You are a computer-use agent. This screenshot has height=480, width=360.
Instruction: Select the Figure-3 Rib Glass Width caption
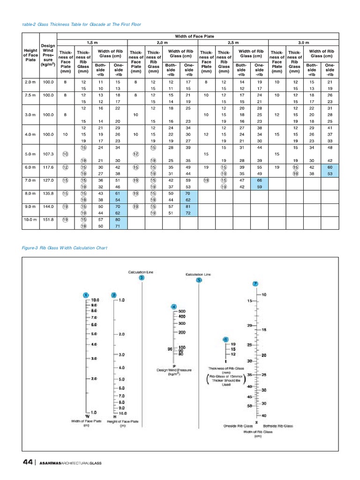tap(65, 248)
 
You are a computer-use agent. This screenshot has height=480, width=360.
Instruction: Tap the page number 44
tap(28, 462)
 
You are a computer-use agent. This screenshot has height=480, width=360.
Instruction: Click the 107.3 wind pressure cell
tap(48, 154)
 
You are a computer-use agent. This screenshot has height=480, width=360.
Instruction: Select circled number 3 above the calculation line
tap(142, 278)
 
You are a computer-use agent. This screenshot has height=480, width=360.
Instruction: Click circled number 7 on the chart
tap(255, 284)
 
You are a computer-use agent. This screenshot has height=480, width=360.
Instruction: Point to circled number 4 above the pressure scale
tap(174, 307)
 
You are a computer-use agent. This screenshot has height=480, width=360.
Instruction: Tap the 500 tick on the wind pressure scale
tap(182, 311)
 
